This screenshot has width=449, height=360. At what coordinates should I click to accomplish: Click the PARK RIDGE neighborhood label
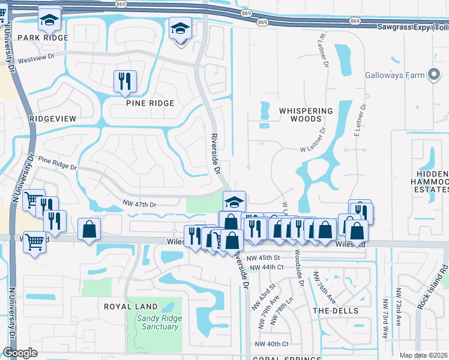pyautogui.click(x=43, y=37)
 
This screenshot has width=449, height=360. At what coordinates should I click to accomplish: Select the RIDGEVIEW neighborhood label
pyautogui.click(x=53, y=119)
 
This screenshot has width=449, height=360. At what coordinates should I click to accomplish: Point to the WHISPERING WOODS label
pyautogui.click(x=306, y=115)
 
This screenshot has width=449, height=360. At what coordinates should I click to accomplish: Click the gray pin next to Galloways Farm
pyautogui.click(x=434, y=75)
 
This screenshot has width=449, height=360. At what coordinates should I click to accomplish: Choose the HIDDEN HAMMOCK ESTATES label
pyautogui.click(x=432, y=181)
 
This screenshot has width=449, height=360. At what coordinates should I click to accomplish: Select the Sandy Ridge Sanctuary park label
pyautogui.click(x=157, y=323)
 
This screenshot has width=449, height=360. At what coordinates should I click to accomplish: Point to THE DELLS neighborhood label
pyautogui.click(x=336, y=311)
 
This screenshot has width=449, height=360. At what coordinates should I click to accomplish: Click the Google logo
pyautogui.click(x=20, y=353)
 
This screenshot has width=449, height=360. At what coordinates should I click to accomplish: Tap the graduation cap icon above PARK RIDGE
pyautogui.click(x=49, y=19)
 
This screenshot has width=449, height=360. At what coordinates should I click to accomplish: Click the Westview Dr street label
pyautogui.click(x=35, y=60)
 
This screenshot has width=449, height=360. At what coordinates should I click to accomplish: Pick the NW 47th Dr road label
pyautogui.click(x=139, y=205)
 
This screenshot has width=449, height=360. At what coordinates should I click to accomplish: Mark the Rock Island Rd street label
pyautogui.click(x=444, y=282)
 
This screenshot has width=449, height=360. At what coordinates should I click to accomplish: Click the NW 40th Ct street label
pyautogui.click(x=272, y=344)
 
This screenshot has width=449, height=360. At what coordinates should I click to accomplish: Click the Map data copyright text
pyautogui.click(x=424, y=355)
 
